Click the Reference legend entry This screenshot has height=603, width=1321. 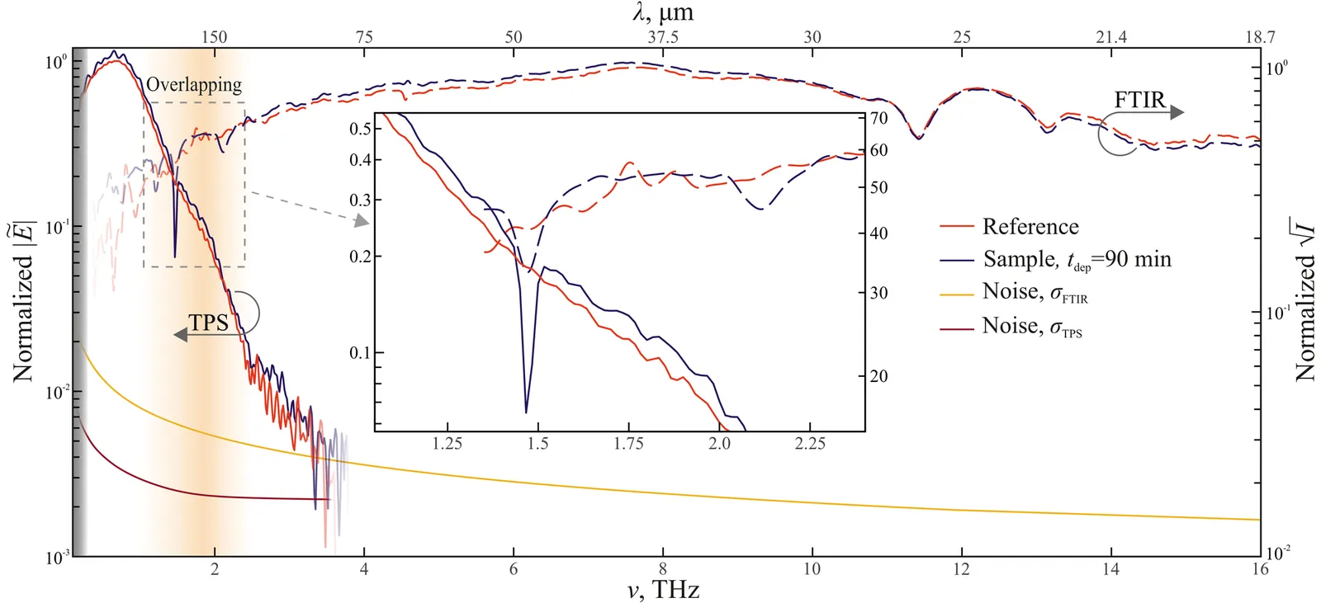click(x=1030, y=227)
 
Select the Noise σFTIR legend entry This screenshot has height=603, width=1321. click(x=1035, y=293)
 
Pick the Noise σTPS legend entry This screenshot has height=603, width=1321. click(x=1032, y=327)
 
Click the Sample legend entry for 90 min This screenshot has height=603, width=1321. click(x=1077, y=260)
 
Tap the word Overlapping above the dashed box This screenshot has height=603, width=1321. click(x=194, y=84)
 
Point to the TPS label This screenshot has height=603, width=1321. click(x=208, y=323)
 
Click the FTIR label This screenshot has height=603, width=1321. click(x=1139, y=100)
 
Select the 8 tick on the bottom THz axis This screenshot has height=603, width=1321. click(x=662, y=568)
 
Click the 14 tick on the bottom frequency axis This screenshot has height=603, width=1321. click(x=1110, y=568)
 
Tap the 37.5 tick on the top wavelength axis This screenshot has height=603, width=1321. click(x=662, y=37)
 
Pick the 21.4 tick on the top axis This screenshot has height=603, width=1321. click(x=1110, y=37)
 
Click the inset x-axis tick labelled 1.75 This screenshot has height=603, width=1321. click(x=628, y=444)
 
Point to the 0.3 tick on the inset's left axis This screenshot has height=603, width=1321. click(x=360, y=200)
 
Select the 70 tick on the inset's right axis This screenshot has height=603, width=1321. click(x=878, y=119)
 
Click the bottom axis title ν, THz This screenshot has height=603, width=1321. click(x=662, y=590)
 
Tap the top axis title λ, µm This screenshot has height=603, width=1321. click(x=662, y=12)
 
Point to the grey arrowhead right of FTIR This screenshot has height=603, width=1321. click(x=1177, y=112)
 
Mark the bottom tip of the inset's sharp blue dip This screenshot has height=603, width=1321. click(x=526, y=412)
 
